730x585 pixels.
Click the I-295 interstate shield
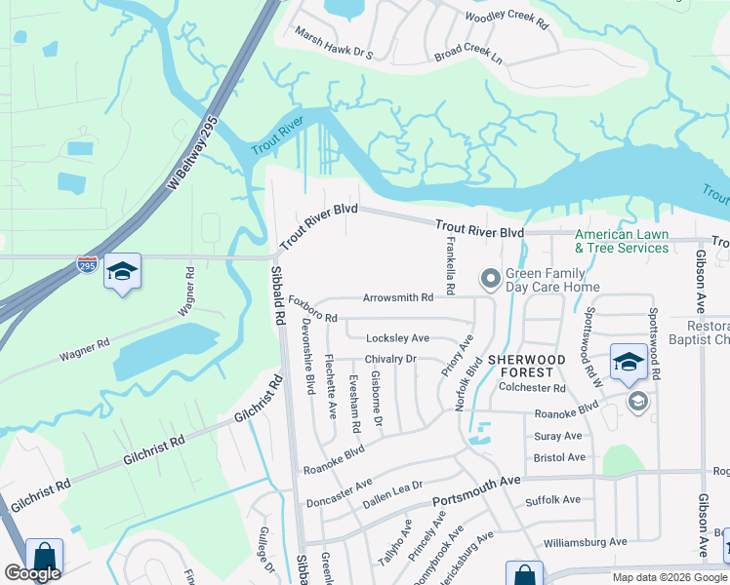[x=88, y=264]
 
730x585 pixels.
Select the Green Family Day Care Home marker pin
[x=489, y=281]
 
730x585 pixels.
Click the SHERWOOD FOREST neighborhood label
[x=526, y=366]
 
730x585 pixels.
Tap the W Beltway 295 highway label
[x=191, y=153]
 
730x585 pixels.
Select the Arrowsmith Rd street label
[x=397, y=297]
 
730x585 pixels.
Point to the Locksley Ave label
[x=397, y=338]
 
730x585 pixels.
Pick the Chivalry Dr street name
[x=390, y=359]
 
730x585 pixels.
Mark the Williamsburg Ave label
[x=585, y=541]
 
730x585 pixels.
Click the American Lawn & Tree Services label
[x=622, y=241]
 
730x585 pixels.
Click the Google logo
[x=32, y=573]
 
